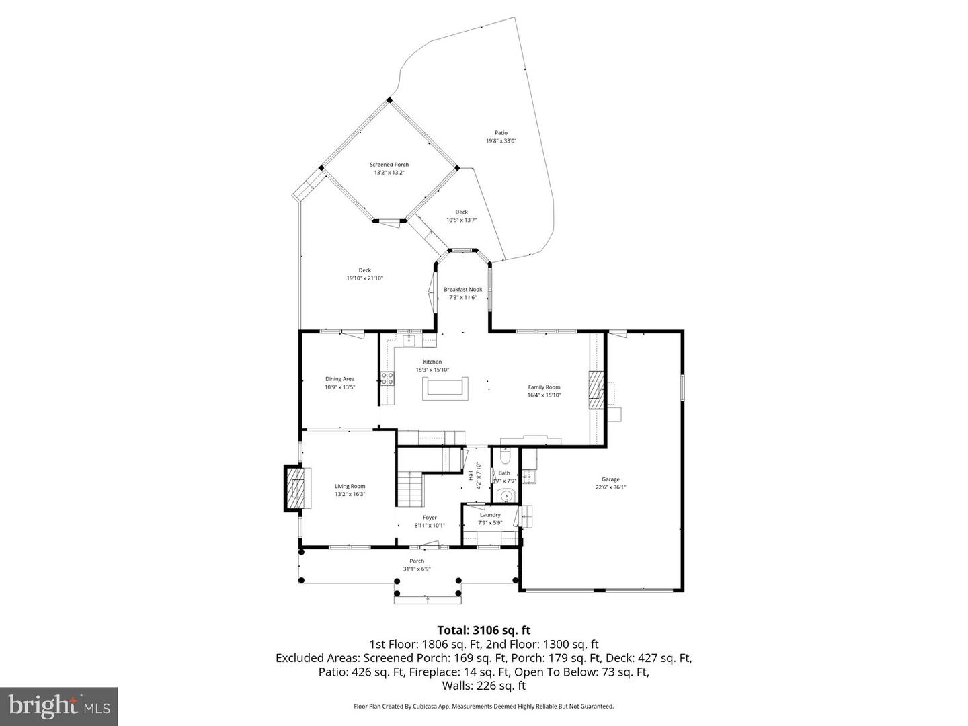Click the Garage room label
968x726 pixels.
pyautogui.click(x=610, y=479)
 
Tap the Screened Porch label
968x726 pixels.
pyautogui.click(x=389, y=165)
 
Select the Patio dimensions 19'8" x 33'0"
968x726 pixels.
pyautogui.click(x=501, y=141)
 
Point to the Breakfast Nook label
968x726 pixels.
pyautogui.click(x=462, y=290)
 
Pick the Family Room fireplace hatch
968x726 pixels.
pyautogui.click(x=596, y=390)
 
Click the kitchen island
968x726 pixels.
pyautogui.click(x=444, y=389)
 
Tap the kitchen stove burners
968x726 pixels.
pyautogui.click(x=387, y=378)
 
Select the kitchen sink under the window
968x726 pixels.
pyautogui.click(x=409, y=341)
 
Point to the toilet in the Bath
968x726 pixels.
pyautogui.click(x=506, y=456)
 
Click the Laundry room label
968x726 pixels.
pyautogui.click(x=489, y=515)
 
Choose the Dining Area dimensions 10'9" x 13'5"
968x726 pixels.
pyautogui.click(x=339, y=387)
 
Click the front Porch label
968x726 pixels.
pyautogui.click(x=417, y=561)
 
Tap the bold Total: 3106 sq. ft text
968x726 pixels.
pyautogui.click(x=483, y=630)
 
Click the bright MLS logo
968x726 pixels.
pyautogui.click(x=59, y=706)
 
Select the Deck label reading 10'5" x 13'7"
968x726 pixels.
pyautogui.click(x=461, y=220)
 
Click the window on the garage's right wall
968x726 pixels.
pyautogui.click(x=682, y=389)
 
